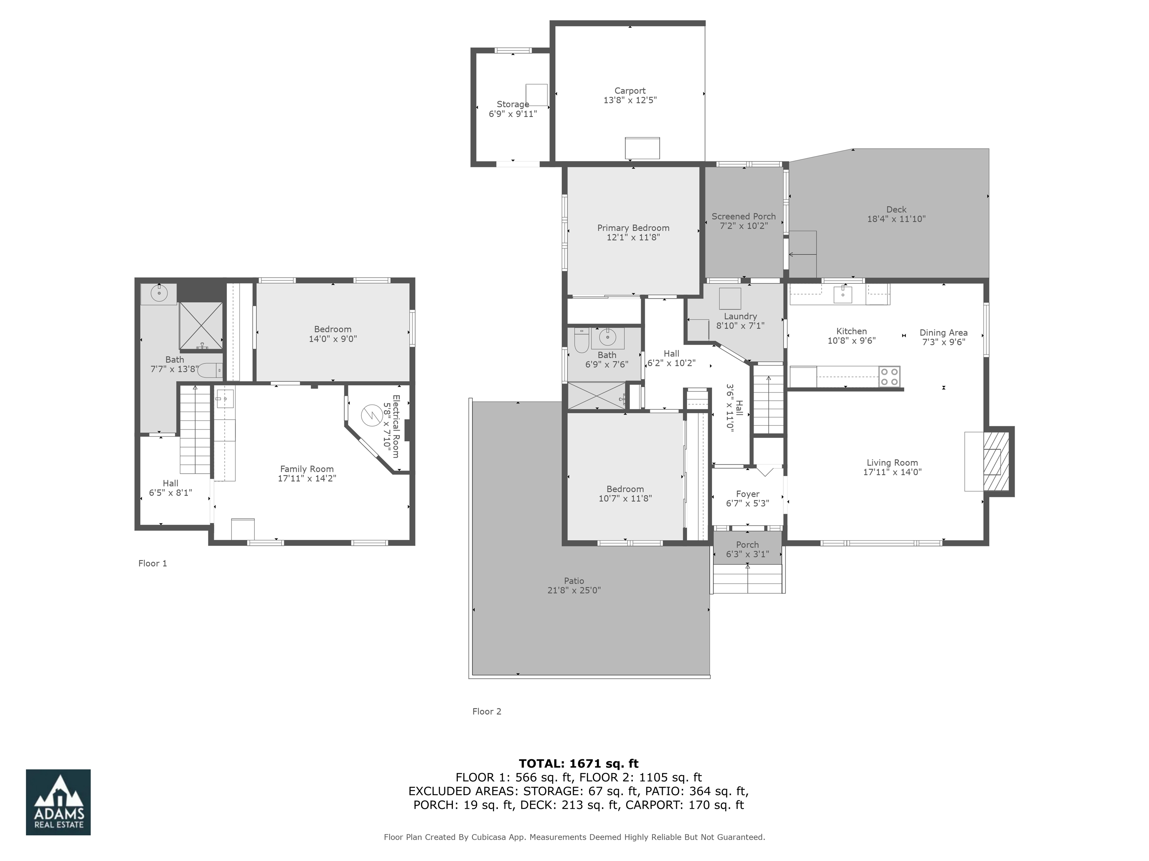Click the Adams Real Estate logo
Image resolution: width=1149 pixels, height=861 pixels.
[58, 802]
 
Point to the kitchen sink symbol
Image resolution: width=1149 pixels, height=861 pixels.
[843, 295]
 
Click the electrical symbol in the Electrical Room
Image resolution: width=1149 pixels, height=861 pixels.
[372, 415]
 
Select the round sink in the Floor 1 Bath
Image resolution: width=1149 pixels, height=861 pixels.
[159, 293]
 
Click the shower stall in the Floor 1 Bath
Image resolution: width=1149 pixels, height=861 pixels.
[201, 326]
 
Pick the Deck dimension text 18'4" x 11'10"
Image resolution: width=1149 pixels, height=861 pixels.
[896, 219]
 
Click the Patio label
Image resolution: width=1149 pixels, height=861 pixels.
[574, 581]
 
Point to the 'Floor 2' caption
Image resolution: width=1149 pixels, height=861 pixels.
[487, 711]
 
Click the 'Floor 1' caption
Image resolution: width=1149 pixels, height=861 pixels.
[153, 563]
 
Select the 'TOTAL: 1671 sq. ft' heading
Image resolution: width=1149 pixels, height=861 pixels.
[579, 763]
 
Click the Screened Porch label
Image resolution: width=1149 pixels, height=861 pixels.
[743, 216]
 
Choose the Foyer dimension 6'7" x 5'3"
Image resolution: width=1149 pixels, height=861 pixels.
[747, 503]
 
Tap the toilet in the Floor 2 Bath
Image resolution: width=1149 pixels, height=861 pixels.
[581, 342]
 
